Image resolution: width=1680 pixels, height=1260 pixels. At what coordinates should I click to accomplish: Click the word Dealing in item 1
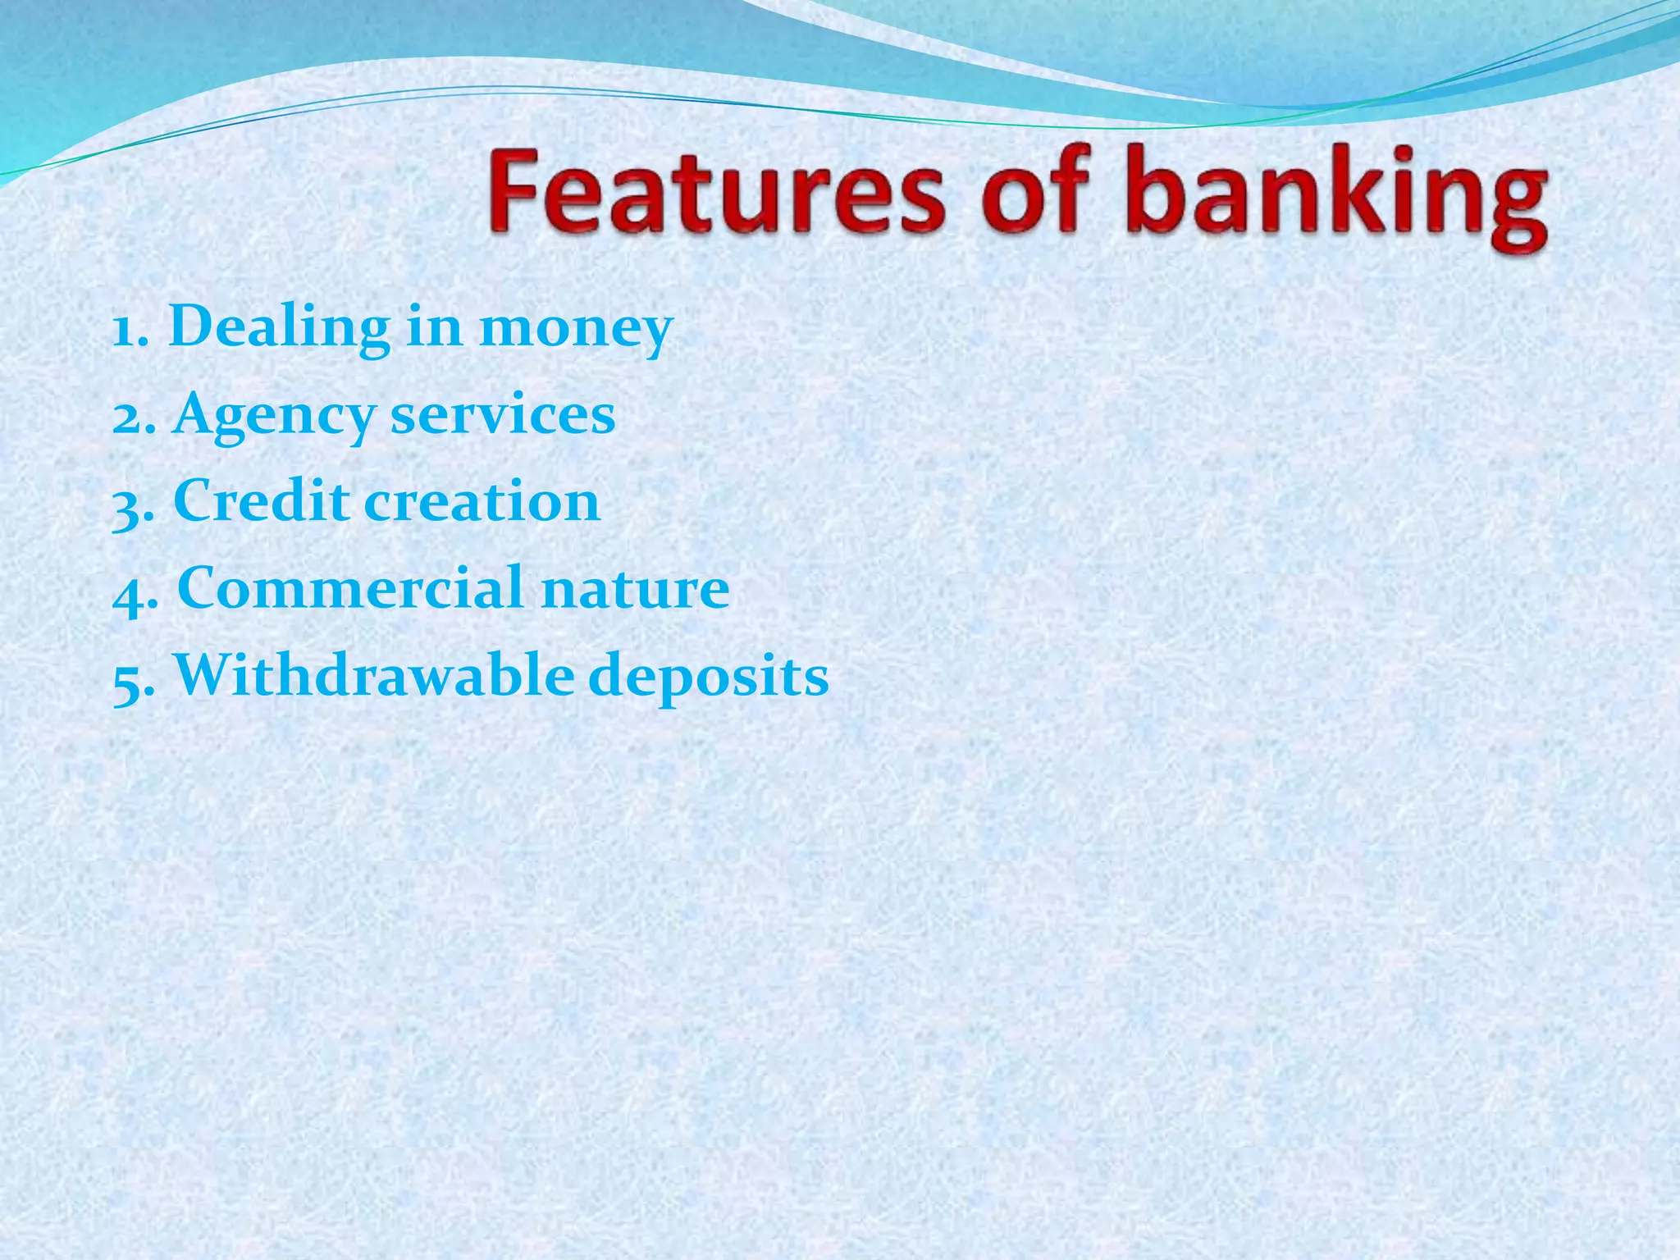279,328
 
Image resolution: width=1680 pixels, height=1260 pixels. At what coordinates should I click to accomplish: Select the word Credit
260,501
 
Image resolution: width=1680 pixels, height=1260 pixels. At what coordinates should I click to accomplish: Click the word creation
482,502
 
